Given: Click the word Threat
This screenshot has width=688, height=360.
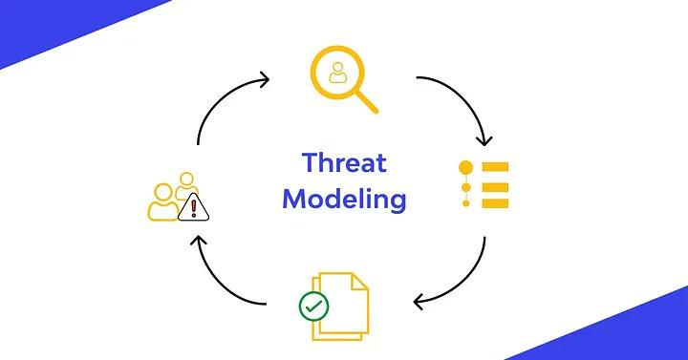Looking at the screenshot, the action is coord(344,163).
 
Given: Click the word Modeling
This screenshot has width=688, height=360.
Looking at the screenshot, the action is coord(344,200).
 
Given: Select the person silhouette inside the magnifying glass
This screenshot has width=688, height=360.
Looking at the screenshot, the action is coord(336,74).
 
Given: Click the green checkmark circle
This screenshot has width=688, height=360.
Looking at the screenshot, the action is coord(313,307).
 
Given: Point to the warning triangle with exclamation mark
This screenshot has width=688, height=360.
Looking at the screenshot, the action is coord(194,205).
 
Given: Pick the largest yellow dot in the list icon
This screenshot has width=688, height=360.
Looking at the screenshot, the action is coord(466,168).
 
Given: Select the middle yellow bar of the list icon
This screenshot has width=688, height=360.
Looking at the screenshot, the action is coord(496,185).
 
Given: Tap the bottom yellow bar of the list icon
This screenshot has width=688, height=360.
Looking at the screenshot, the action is coord(496,202).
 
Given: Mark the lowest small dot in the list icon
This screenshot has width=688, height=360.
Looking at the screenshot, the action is coord(466,202).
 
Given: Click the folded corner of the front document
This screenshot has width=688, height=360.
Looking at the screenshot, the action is coord(359,283).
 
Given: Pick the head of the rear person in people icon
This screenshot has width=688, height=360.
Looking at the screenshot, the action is coord(185,179).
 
